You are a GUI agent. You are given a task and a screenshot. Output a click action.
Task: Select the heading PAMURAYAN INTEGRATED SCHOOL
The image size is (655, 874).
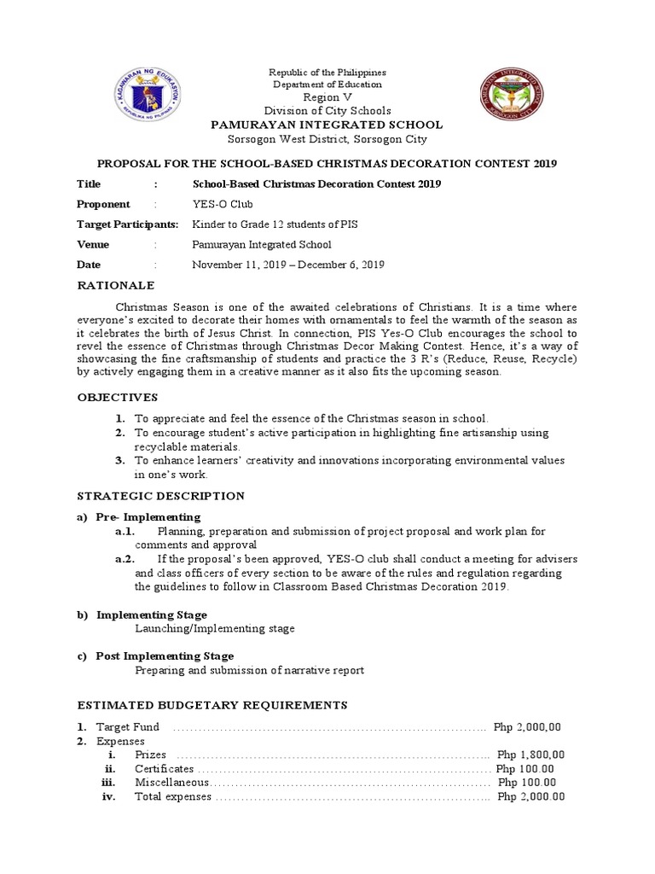click(x=327, y=125)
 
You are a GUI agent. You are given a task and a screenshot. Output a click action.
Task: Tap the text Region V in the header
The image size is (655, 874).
click(x=327, y=97)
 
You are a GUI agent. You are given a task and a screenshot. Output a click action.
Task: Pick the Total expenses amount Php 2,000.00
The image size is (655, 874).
click(x=530, y=796)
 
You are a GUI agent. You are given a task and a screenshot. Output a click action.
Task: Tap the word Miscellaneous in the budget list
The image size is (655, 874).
click(x=171, y=782)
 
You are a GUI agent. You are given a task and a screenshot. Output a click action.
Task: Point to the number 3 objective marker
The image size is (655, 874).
click(x=120, y=460)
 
